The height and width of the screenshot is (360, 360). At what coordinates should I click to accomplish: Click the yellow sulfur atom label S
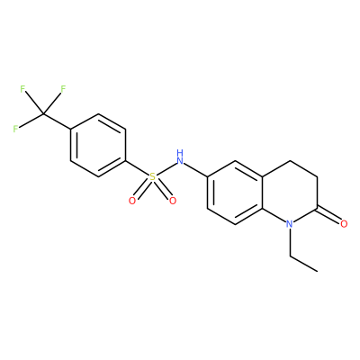pos(153,177)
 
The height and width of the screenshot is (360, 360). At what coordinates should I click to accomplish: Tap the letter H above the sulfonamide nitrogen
pos(180,153)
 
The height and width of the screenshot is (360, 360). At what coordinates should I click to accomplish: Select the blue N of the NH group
pos(180,161)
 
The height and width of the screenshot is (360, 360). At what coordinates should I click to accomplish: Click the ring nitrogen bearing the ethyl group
pos(289,224)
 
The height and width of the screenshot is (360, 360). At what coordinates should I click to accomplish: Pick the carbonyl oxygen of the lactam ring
pos(344,224)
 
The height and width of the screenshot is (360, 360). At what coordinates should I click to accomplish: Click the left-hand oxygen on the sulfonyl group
pos(132,201)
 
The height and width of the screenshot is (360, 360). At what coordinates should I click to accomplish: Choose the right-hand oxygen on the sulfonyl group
pos(173,201)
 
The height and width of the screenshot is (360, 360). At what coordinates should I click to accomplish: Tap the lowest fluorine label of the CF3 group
pos(15,129)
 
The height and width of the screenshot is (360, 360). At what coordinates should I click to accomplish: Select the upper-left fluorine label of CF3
pos(22,89)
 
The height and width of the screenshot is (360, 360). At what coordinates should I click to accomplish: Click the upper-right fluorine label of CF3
pos(63,89)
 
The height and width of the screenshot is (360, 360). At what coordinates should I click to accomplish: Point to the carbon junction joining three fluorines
pos(43,114)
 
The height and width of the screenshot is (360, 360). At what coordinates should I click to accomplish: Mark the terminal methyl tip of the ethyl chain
pos(318,272)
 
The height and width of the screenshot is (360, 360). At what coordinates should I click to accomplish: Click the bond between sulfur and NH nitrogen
pos(166,169)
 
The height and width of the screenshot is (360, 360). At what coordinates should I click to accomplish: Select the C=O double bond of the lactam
pos(329,214)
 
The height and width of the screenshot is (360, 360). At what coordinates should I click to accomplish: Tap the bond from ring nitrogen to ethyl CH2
pos(290,242)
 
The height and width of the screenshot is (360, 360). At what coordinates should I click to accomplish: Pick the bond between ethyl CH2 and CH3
pos(303,264)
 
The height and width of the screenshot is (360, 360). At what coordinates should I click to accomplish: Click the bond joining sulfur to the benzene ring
pos(137,167)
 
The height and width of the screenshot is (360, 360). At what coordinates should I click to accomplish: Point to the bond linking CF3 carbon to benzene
pos(57,122)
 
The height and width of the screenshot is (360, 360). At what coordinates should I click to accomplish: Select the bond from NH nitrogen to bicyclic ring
pos(195,169)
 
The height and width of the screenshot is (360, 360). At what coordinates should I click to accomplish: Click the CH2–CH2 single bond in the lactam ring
pos(303,168)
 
